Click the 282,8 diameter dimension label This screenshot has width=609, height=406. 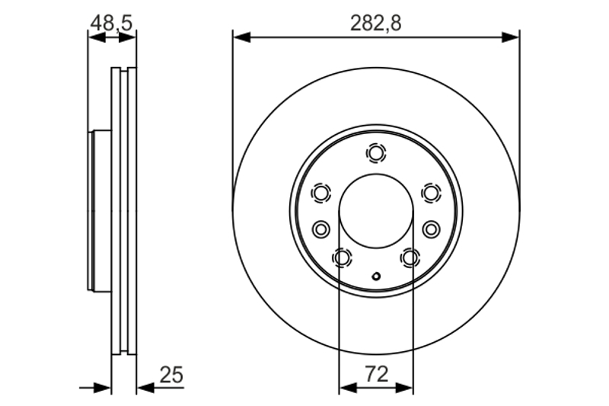coord(375,24)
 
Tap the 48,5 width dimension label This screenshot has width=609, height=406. coord(111,23)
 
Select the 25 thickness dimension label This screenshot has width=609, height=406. coord(171,375)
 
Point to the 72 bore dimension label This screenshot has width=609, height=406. coord(376,374)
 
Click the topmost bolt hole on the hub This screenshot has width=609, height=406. coord(375,153)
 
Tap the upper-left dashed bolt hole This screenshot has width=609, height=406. coord(321,193)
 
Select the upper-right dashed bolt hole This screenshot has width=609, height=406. coord(431,192)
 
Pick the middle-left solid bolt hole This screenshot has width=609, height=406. coord(320,229)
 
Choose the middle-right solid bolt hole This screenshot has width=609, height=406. coord(431,229)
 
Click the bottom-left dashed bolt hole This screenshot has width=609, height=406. coord(342,257)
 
